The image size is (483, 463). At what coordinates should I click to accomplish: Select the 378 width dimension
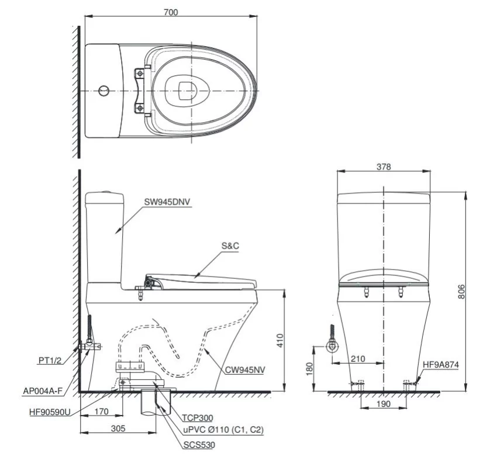point(384,167)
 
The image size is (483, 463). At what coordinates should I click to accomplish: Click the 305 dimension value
point(118,429)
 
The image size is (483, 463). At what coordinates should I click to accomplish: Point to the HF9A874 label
point(441,364)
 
